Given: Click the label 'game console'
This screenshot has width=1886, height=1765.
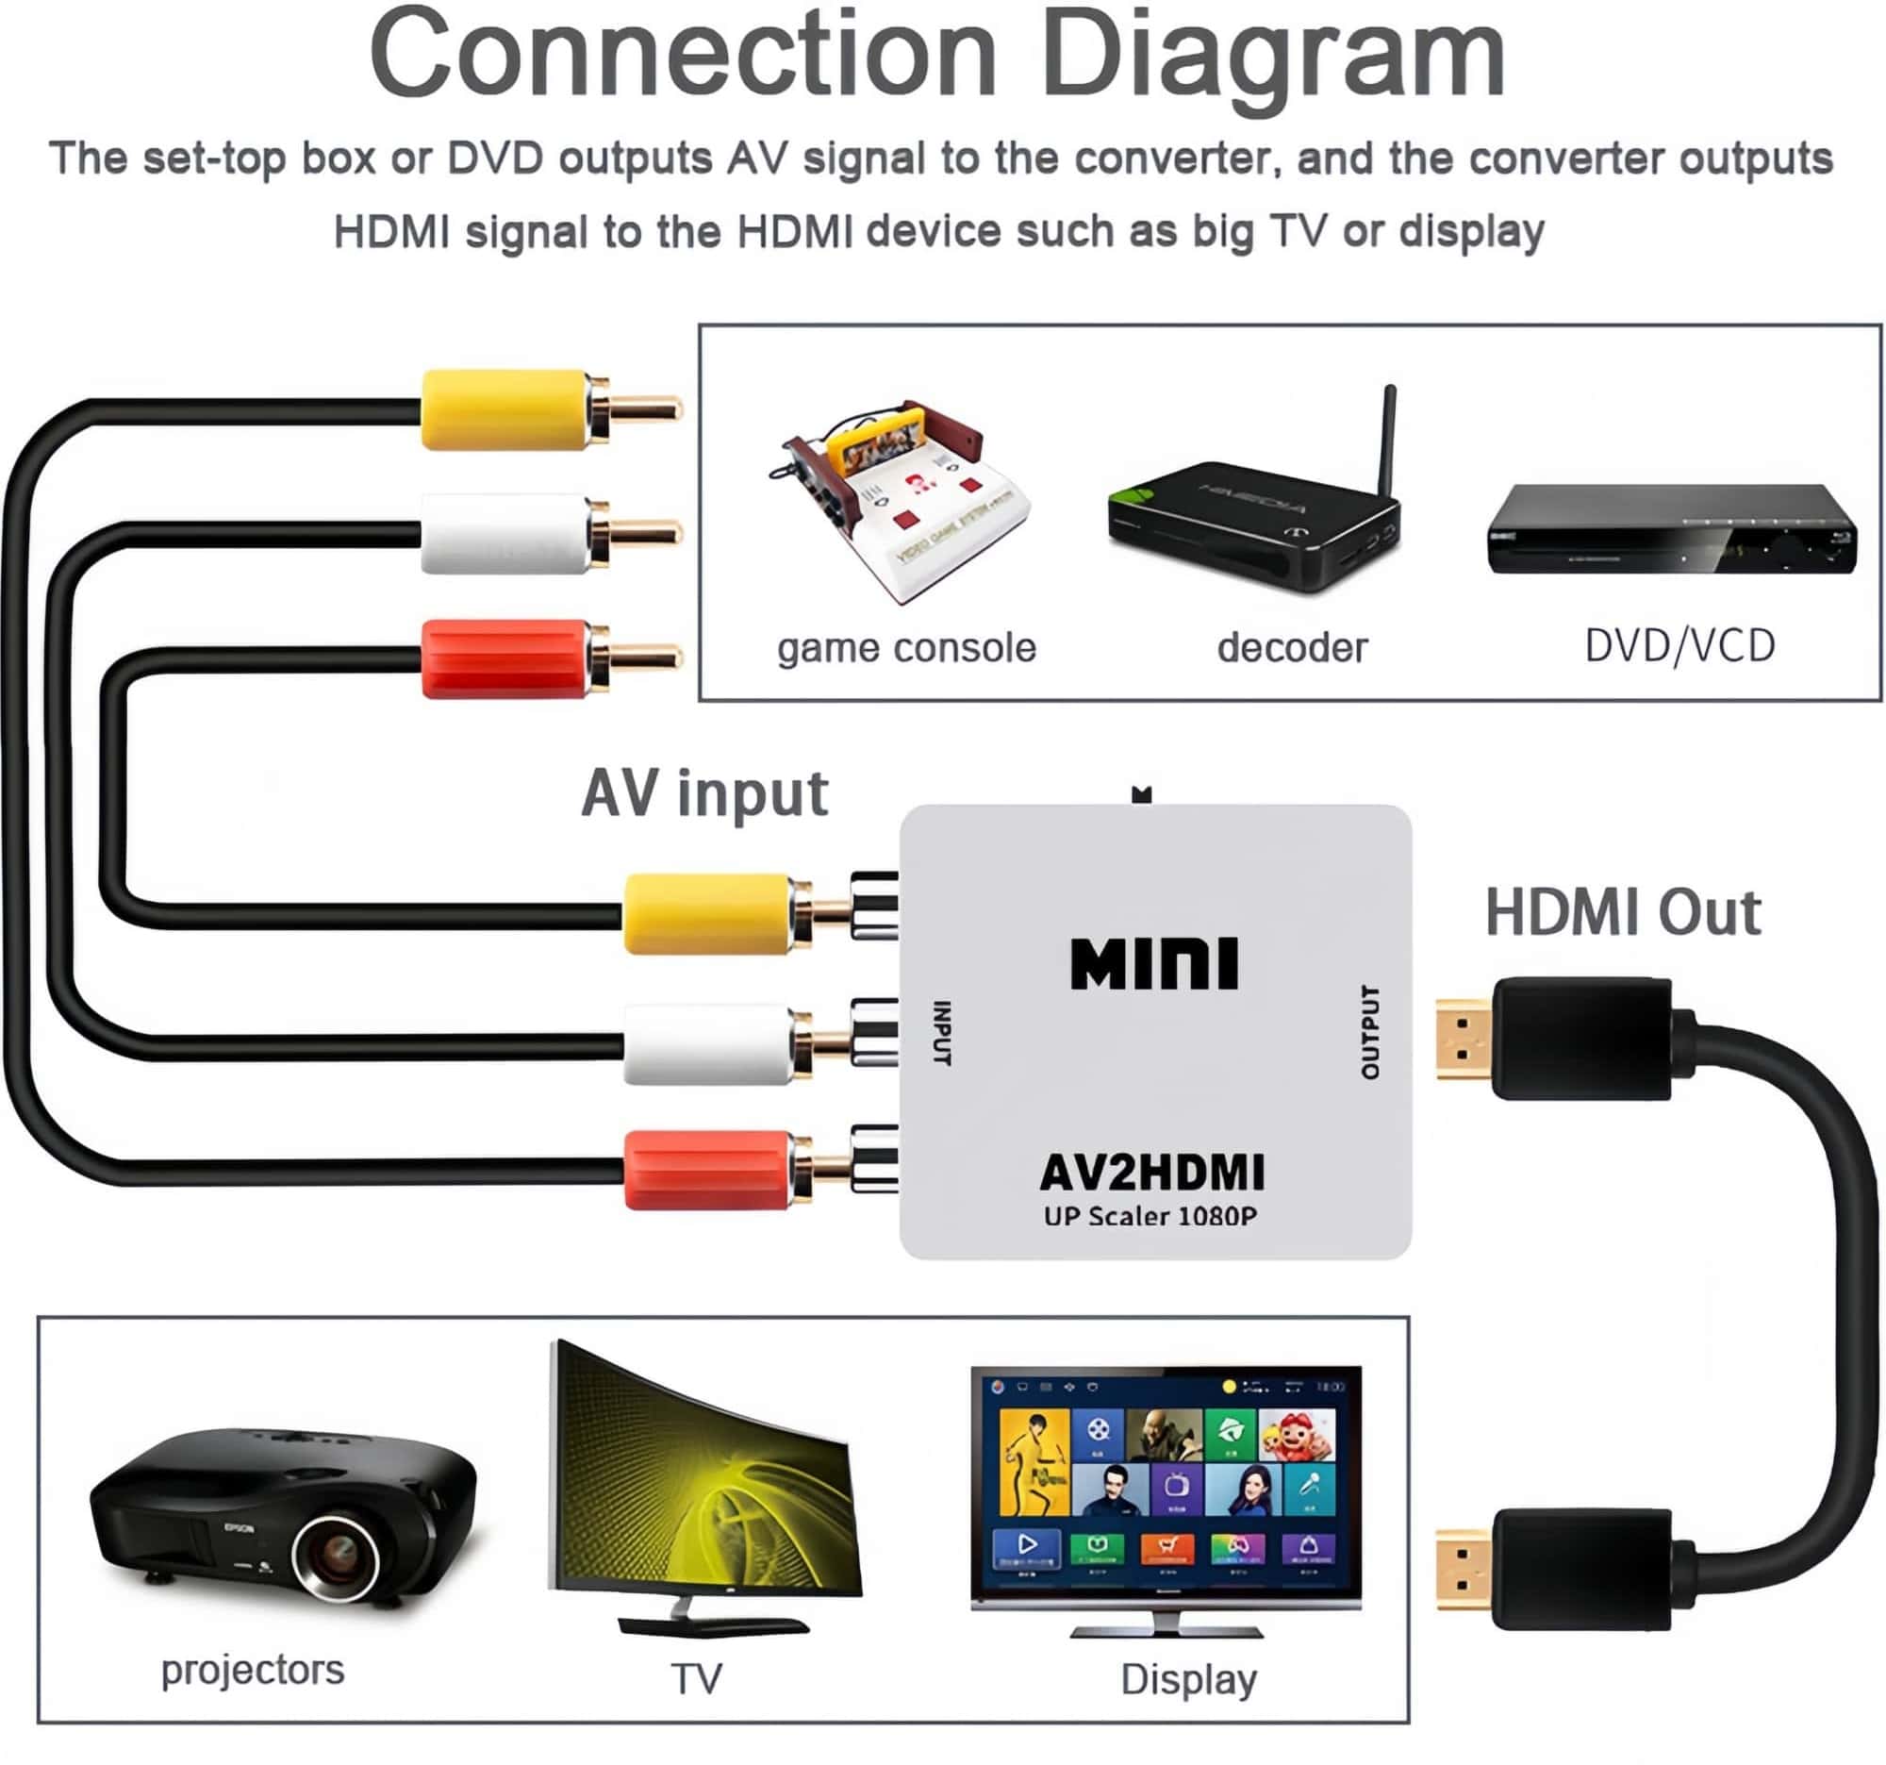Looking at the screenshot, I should pos(906,648).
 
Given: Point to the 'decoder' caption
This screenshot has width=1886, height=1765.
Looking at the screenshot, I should pos(1292,648).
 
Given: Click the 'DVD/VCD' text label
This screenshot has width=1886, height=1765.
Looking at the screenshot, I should pos(1679,646).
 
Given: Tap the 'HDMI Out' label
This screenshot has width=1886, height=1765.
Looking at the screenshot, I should pos(1622,913).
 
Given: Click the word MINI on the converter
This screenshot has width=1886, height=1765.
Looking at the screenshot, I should pos(1153,964).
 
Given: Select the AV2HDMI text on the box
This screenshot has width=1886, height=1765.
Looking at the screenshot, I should pos(1151,1173).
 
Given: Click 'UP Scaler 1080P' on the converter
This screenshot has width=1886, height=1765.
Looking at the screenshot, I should pos(1150,1217).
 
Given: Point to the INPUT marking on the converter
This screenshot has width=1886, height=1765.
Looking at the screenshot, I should pos(942,1032).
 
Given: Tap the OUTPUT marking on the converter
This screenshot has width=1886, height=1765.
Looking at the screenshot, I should pos(1370,1031).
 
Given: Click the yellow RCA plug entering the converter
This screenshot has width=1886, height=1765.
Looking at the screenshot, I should pos(706,915).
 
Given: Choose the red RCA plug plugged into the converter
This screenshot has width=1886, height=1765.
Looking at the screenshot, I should pos(706,1170).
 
